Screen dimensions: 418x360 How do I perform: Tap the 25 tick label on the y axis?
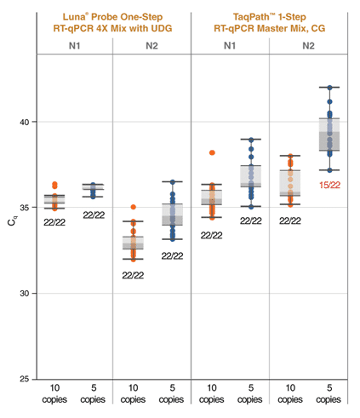coord(26,379)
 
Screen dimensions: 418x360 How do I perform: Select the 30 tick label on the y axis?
coord(26,294)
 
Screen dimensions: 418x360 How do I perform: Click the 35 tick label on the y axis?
coord(26,208)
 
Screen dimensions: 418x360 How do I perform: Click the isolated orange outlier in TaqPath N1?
coord(212,153)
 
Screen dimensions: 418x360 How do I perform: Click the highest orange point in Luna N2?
coord(133,207)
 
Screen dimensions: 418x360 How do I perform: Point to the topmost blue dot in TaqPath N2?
coord(329,88)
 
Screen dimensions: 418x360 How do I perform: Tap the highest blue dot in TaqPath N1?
coord(250,140)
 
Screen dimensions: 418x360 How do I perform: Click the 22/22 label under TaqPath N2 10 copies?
coord(290,220)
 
